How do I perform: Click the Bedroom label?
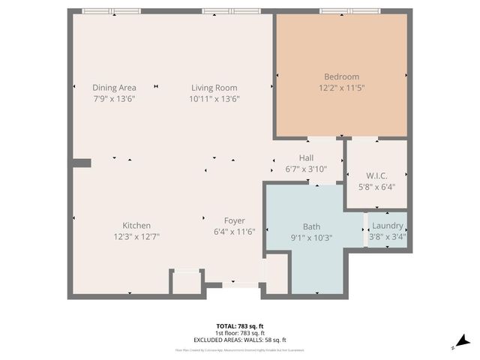(x=341, y=76)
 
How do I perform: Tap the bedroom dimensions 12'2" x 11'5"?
(x=341, y=88)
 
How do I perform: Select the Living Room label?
(x=214, y=87)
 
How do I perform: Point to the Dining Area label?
(x=114, y=87)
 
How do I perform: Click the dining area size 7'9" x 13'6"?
(x=114, y=98)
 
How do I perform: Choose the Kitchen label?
(x=136, y=225)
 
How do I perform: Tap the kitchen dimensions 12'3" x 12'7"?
(x=136, y=236)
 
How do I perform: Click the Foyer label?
(x=235, y=220)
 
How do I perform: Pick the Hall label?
(x=306, y=157)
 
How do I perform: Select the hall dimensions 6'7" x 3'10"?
(x=306, y=169)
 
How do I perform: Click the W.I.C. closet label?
(x=377, y=176)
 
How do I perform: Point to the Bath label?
(x=311, y=226)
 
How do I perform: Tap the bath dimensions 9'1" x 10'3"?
(x=311, y=237)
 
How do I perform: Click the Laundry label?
(x=388, y=225)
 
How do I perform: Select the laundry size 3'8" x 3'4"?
(x=388, y=236)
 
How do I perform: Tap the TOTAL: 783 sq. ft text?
(x=240, y=326)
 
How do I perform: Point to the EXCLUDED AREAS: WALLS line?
(x=240, y=340)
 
